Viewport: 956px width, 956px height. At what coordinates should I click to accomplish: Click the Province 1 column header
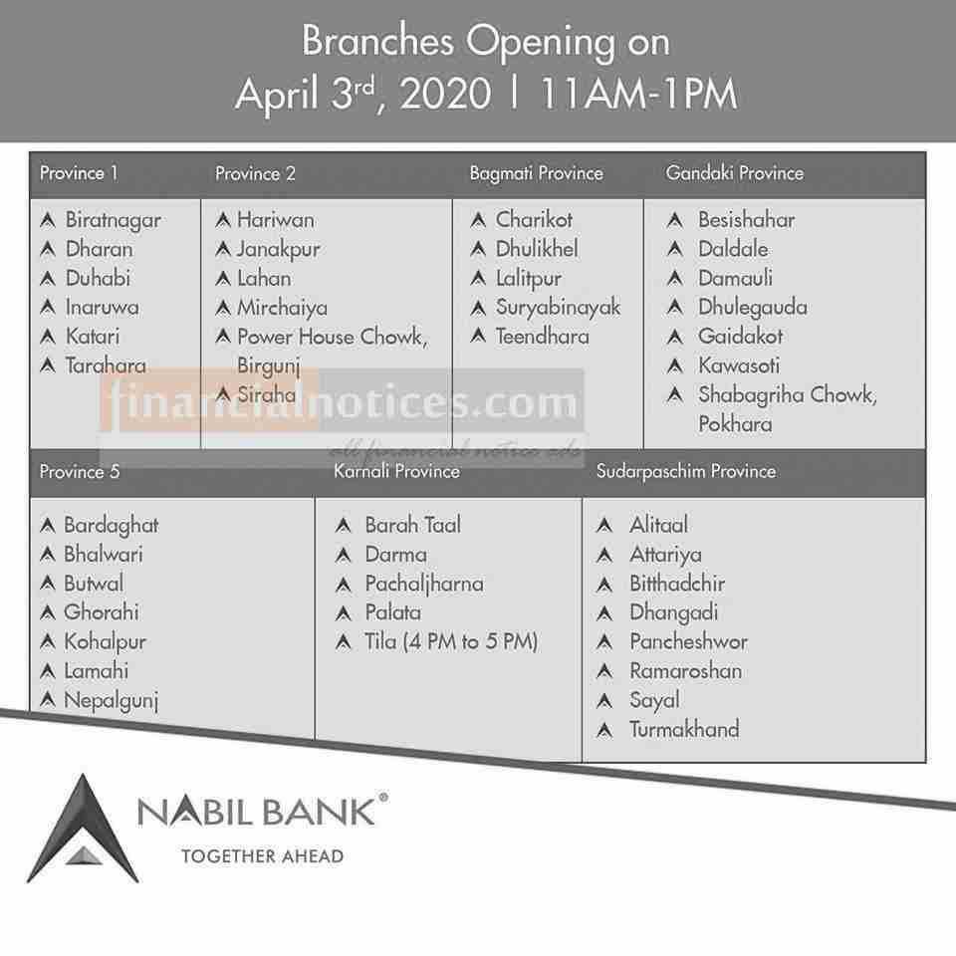[x=79, y=173]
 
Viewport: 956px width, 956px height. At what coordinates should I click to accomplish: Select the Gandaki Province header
[x=735, y=173]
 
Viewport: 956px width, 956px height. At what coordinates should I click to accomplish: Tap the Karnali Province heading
[x=396, y=471]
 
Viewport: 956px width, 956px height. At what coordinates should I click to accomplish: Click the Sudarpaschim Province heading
[x=686, y=471]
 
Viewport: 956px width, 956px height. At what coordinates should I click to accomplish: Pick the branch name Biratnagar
[x=114, y=221]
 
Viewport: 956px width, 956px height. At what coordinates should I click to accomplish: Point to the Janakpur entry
[x=279, y=250]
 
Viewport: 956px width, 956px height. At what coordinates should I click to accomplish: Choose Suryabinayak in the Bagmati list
[x=558, y=308]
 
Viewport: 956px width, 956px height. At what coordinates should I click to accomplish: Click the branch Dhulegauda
[x=753, y=308]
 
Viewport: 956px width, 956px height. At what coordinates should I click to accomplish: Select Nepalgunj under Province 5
[x=111, y=700]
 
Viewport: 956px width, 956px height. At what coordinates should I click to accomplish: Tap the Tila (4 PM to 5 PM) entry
[x=451, y=641]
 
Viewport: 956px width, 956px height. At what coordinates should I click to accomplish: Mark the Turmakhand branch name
[x=684, y=729]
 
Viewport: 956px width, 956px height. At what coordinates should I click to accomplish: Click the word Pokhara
[x=735, y=424]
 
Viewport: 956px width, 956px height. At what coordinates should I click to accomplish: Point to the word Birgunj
[x=269, y=365]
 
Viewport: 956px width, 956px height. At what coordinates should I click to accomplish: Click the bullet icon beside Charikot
[x=479, y=219]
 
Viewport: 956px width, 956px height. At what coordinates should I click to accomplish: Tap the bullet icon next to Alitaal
[x=604, y=525]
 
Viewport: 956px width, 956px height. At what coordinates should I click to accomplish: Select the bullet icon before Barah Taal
[x=344, y=525]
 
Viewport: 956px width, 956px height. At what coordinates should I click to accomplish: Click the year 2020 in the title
[x=445, y=94]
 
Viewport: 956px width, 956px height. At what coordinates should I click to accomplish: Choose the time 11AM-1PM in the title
[x=638, y=94]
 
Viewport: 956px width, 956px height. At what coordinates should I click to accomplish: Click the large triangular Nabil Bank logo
[x=83, y=830]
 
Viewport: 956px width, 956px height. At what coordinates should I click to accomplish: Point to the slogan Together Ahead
[x=263, y=856]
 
